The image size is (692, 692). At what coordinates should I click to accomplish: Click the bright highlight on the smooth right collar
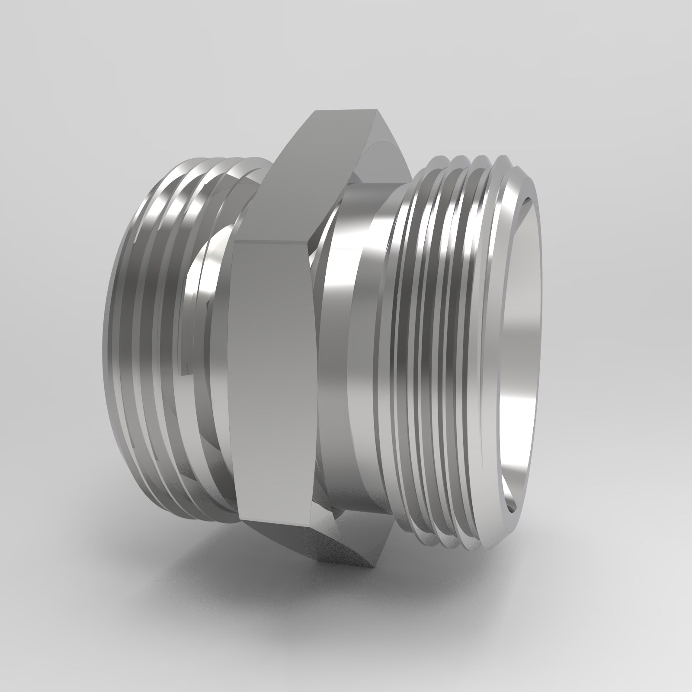coord(346,277)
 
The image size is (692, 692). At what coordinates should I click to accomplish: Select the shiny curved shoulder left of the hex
coord(203,281)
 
